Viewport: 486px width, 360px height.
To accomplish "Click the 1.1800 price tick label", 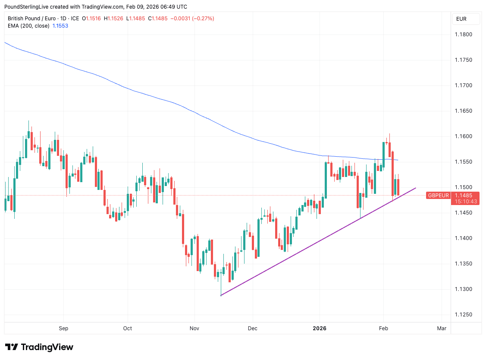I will coord(464,35).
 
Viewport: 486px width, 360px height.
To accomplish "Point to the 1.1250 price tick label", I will coord(464,315).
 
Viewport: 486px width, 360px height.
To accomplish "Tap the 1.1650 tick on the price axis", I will coord(464,111).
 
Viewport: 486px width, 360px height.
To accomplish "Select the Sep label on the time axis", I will coord(63,328).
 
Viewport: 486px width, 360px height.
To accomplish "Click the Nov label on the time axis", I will coord(194,328).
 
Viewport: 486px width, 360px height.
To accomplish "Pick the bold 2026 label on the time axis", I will coord(320,328).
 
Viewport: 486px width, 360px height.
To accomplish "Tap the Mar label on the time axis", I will coord(442,328).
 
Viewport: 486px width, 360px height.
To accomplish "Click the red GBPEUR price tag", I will coord(438,196).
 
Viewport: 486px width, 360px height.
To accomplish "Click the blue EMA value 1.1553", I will coord(60,26).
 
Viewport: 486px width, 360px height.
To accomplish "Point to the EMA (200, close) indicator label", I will coord(28,26).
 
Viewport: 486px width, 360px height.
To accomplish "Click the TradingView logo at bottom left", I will coord(39,347).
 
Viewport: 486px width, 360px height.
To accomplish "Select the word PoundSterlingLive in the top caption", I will coord(27,6).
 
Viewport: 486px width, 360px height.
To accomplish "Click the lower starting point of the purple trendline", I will coord(221,296).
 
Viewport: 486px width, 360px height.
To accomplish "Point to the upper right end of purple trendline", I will coord(416,188).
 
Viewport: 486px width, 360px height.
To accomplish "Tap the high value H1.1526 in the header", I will coord(113,19).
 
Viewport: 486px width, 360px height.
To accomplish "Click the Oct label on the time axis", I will coord(127,328).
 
